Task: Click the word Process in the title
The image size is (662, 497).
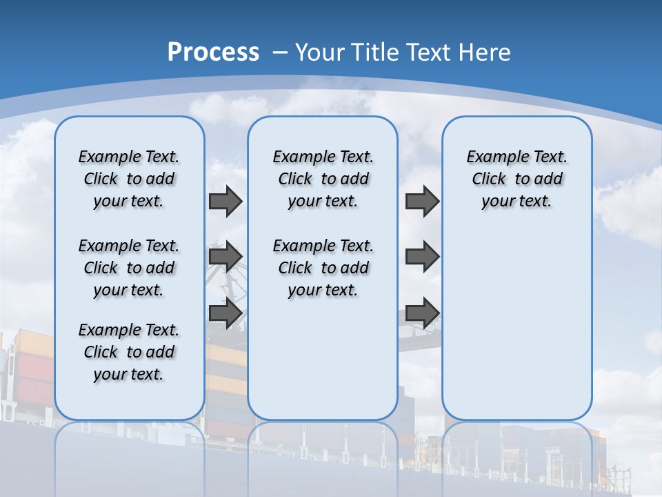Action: (x=213, y=52)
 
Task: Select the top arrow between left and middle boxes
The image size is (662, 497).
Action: (x=225, y=201)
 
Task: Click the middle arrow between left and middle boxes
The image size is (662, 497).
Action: (x=225, y=257)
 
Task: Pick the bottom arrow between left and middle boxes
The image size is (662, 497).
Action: (x=225, y=313)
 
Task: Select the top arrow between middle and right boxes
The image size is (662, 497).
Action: (x=422, y=201)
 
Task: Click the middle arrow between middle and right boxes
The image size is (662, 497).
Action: (x=422, y=257)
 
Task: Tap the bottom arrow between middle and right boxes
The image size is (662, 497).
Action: (x=422, y=313)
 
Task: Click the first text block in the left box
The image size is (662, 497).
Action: (x=129, y=179)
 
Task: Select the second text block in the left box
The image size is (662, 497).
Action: (x=129, y=268)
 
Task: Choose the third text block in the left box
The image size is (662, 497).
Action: (x=129, y=352)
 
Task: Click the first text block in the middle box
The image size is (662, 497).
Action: (x=323, y=179)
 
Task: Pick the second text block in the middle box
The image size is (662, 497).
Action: (x=323, y=268)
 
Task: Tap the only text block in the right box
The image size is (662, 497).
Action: (x=517, y=179)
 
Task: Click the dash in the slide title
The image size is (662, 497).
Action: (x=280, y=52)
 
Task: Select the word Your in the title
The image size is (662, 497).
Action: (x=321, y=52)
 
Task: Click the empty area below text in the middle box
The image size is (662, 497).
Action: (x=323, y=359)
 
